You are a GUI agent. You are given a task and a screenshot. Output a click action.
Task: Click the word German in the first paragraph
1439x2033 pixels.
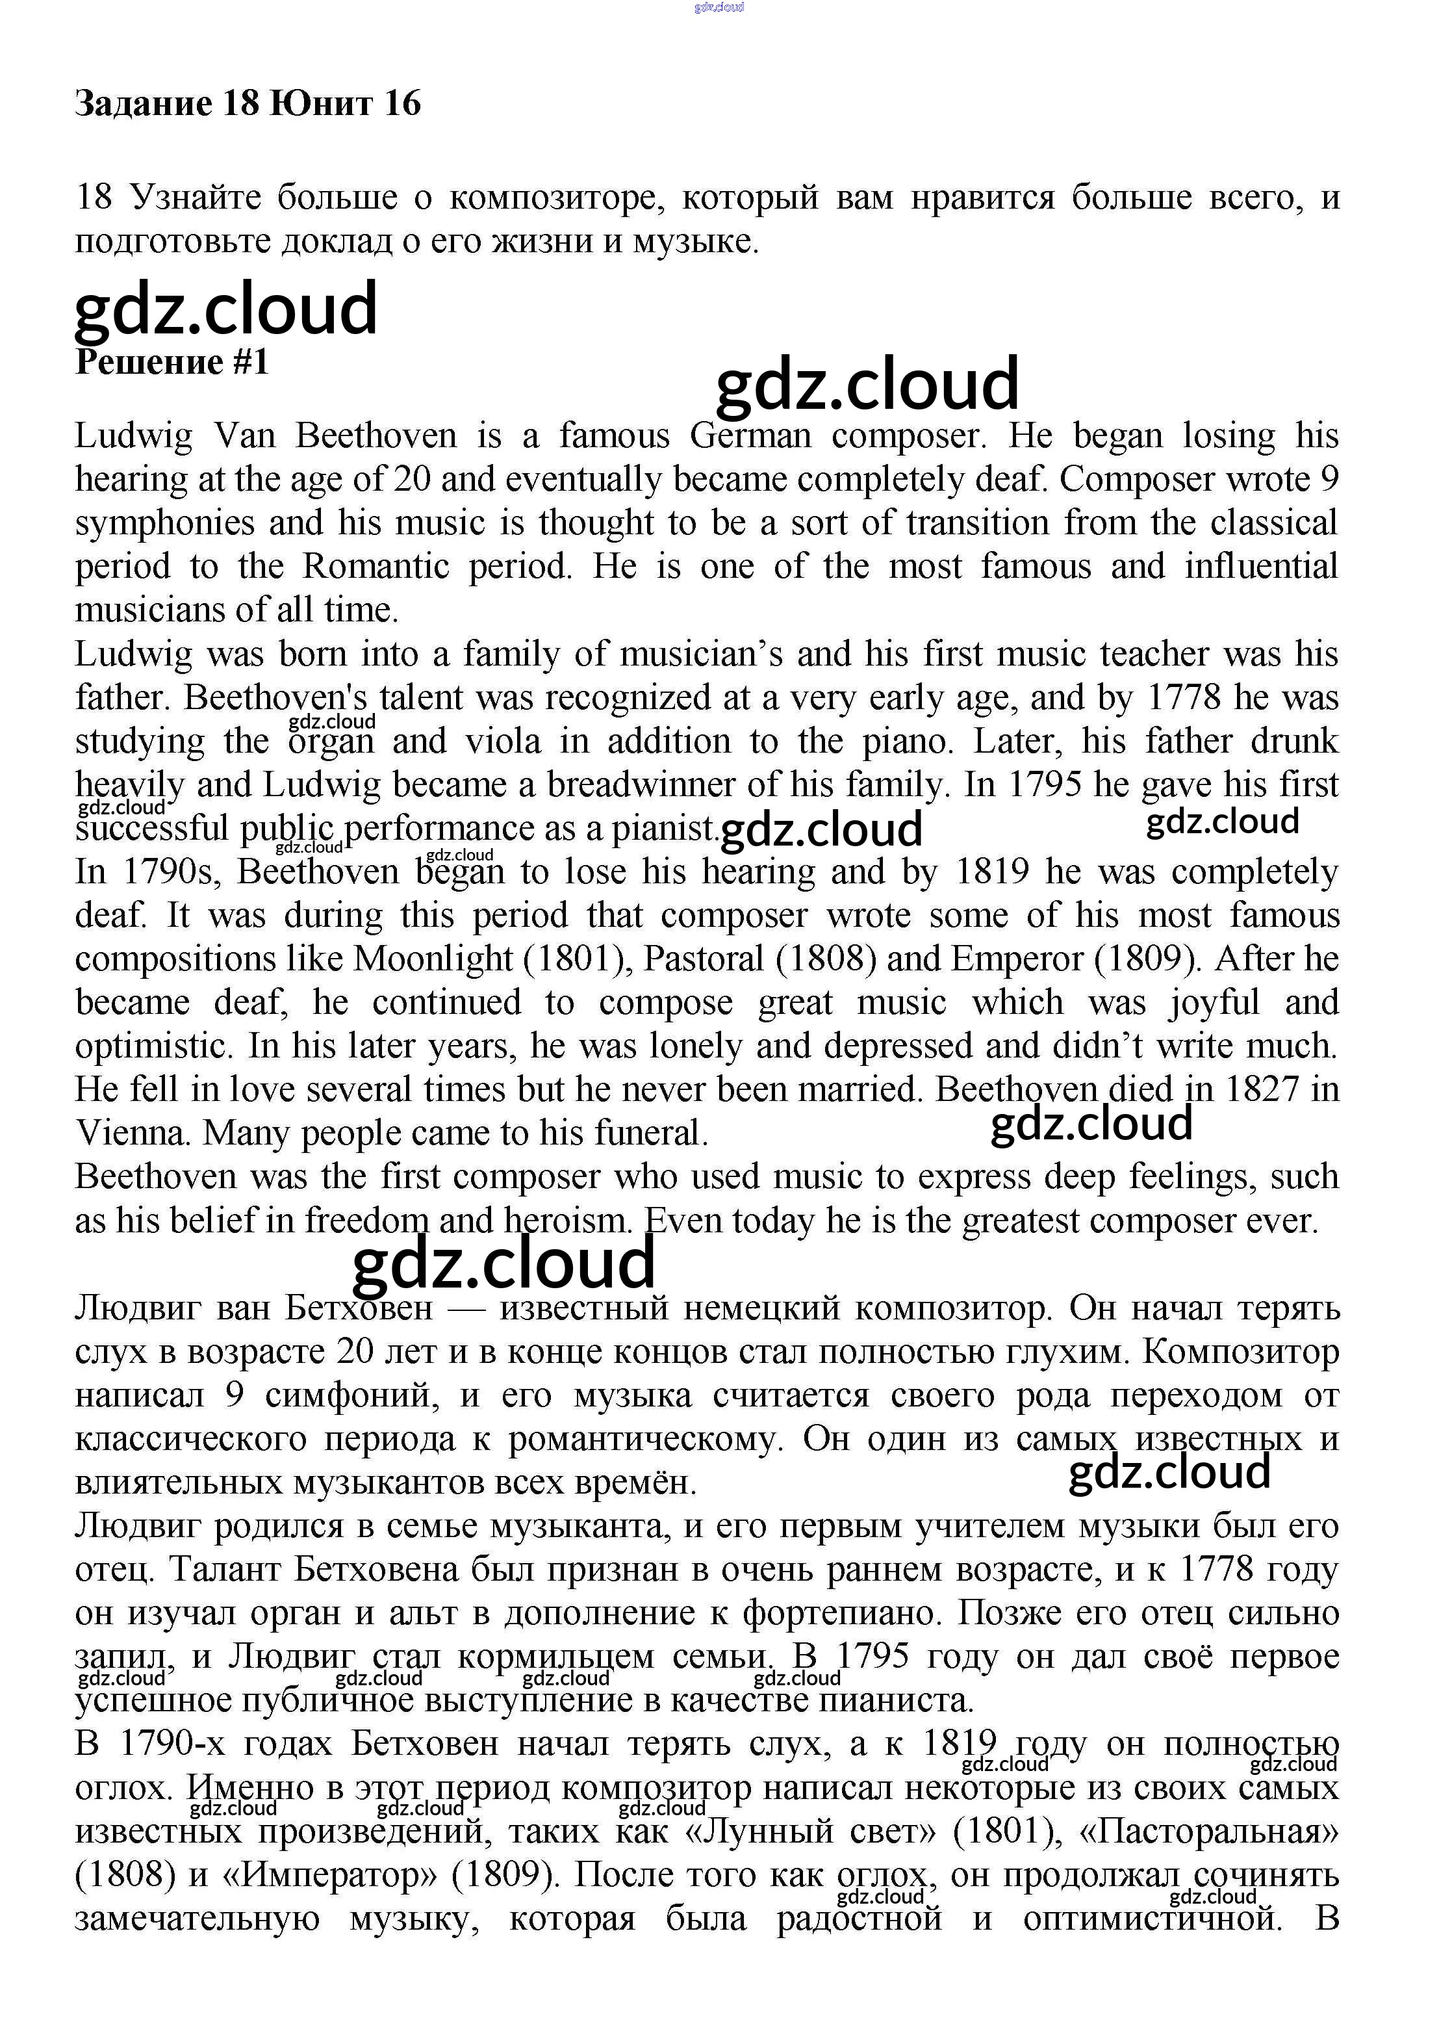tap(750, 436)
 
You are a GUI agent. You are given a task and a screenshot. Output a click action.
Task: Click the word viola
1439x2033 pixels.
tap(503, 741)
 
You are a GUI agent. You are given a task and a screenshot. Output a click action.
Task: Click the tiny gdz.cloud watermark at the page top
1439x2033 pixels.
tap(719, 7)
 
